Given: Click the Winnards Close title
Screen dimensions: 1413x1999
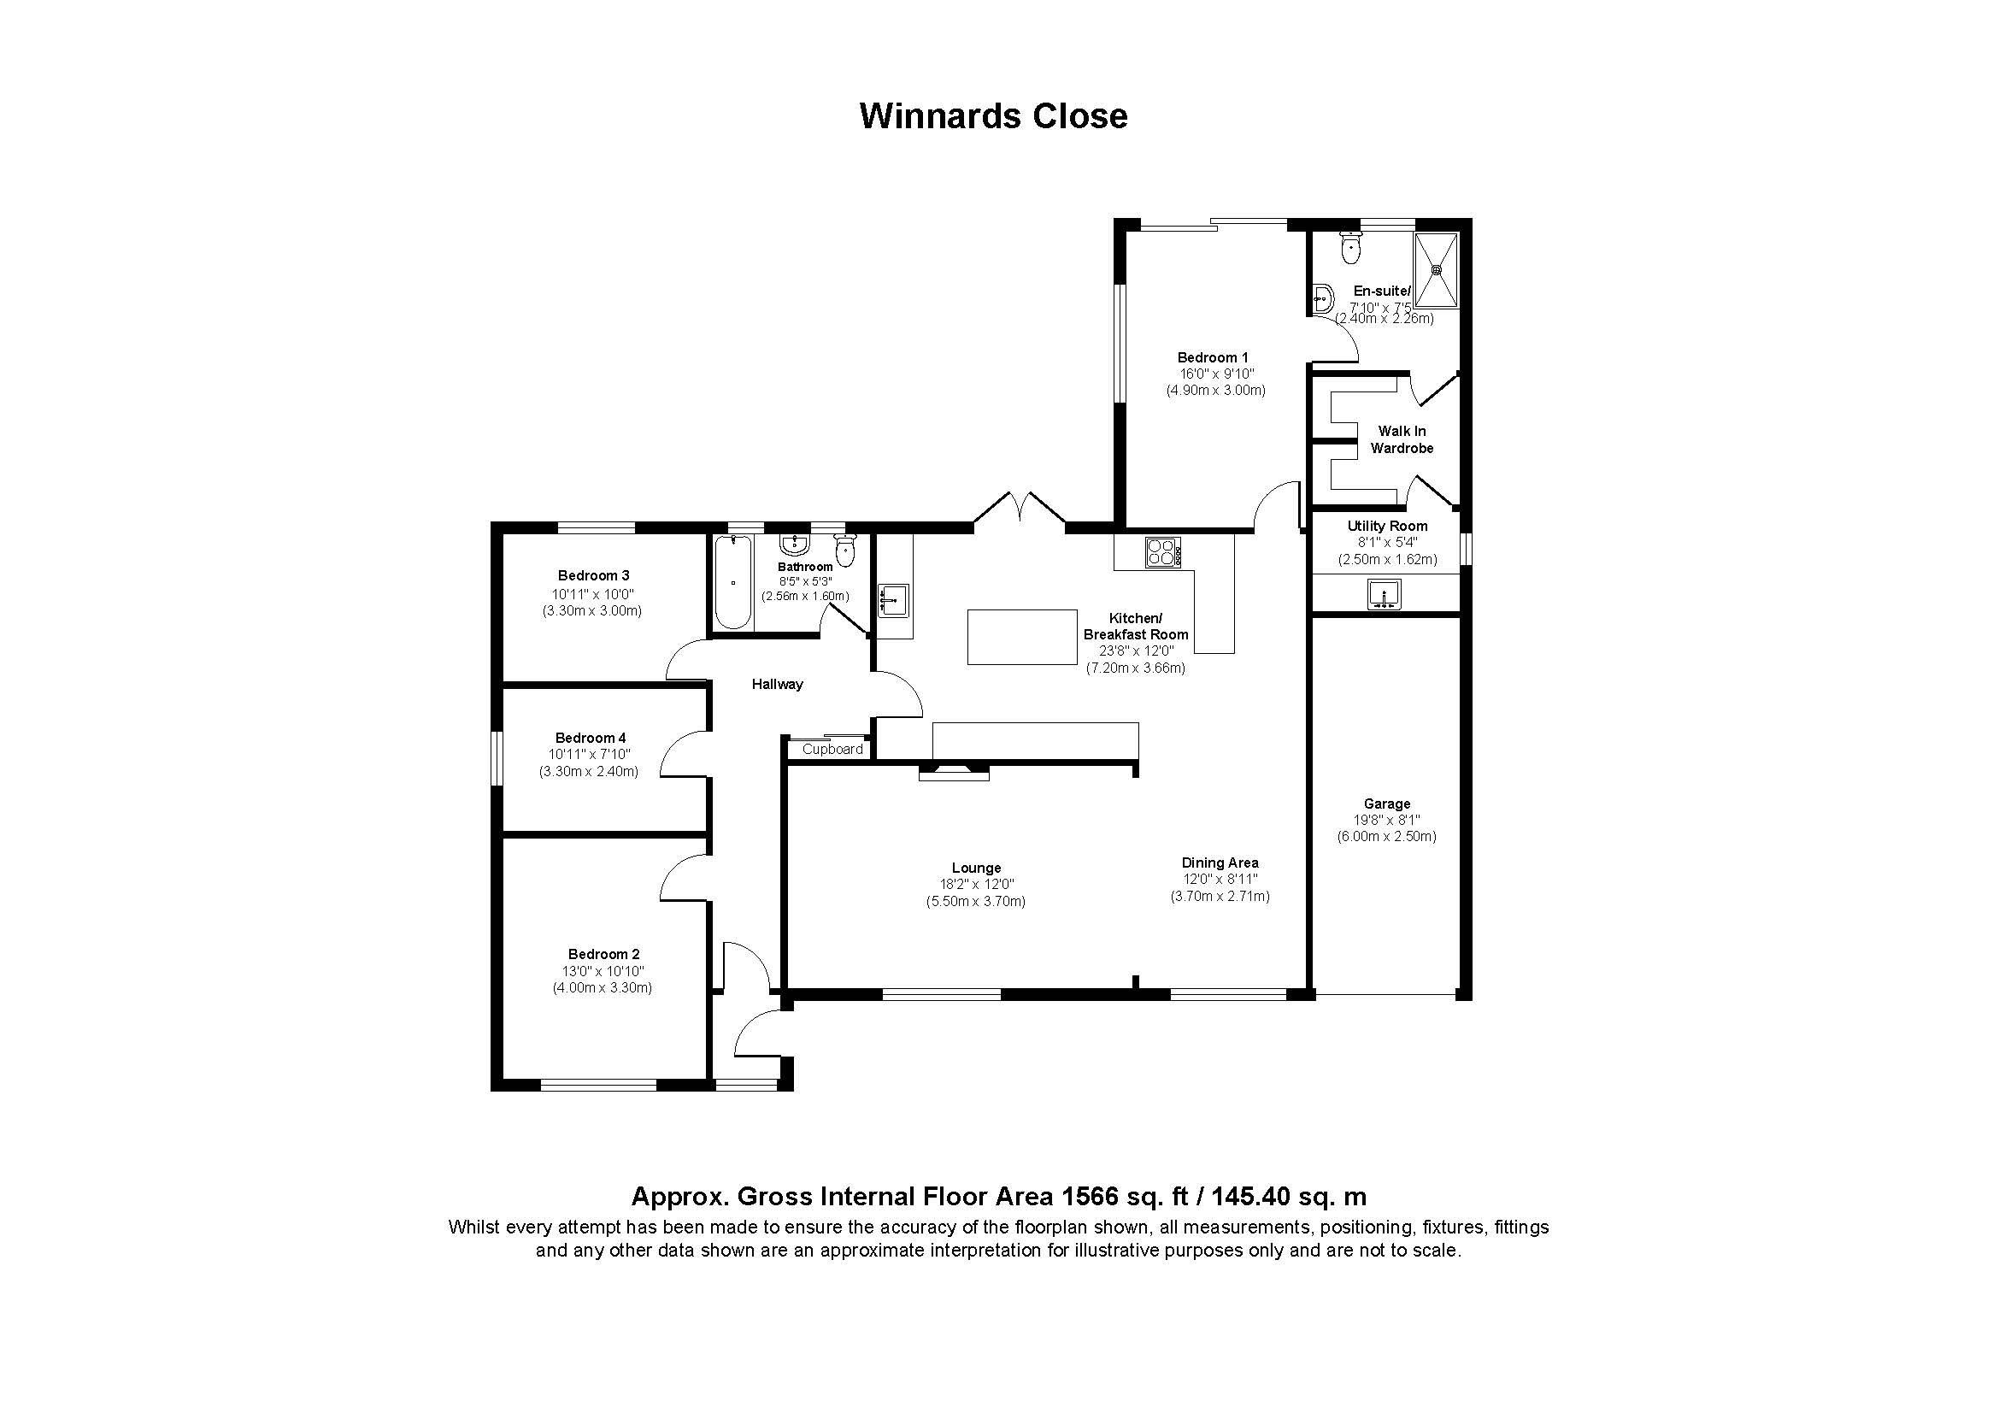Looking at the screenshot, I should (x=993, y=115).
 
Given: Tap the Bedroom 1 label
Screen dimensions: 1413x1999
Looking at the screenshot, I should (x=1213, y=357).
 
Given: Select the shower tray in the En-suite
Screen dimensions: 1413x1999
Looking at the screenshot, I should (x=1437, y=269).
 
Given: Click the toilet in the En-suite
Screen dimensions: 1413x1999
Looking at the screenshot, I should (x=1351, y=247).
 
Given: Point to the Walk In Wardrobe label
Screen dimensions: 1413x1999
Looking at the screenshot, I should (x=1402, y=439).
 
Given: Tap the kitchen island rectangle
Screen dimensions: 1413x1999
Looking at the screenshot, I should (x=1022, y=638).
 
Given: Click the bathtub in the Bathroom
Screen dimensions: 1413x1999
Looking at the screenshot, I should (x=733, y=581).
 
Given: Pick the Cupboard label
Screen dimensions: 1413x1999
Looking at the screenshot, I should (x=832, y=749).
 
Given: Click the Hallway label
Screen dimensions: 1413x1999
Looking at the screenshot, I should (x=778, y=685).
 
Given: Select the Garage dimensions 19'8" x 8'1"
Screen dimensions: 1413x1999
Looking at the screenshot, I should (x=1387, y=820).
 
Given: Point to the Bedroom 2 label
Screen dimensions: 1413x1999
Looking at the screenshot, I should (x=603, y=954).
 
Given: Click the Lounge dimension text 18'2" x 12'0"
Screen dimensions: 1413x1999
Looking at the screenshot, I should (x=976, y=885).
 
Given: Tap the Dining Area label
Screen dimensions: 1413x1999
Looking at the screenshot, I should (x=1220, y=863).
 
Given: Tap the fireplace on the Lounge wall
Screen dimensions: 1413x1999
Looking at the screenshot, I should (x=955, y=771).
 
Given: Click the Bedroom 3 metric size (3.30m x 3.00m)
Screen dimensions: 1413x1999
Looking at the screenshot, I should (x=592, y=611).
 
